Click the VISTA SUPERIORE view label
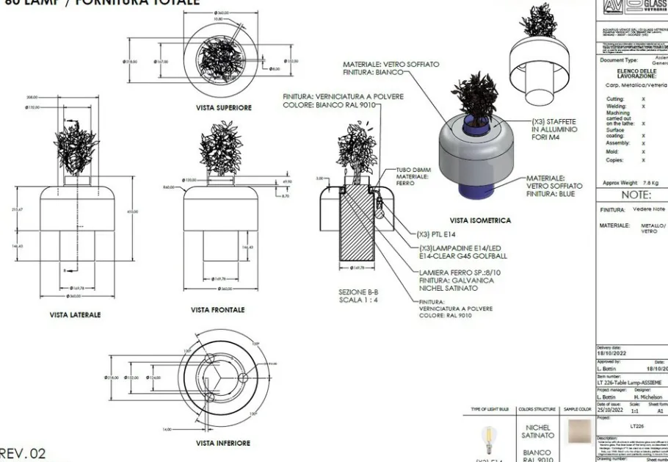(223, 107)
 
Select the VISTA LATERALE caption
(75, 314)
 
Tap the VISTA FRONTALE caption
(218, 310)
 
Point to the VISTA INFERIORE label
(223, 443)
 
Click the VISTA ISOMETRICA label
(480, 220)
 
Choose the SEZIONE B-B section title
(358, 292)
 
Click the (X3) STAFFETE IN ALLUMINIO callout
(554, 129)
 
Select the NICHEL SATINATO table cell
(537, 430)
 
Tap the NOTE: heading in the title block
(636, 195)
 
